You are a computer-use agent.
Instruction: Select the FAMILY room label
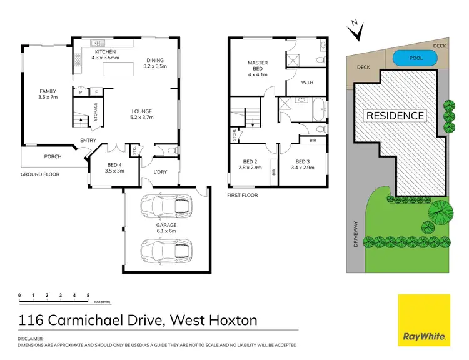[48, 93]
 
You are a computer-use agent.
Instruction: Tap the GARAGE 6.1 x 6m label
[166, 228]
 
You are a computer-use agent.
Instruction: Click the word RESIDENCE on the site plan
[395, 116]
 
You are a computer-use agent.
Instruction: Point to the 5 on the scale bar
[88, 294]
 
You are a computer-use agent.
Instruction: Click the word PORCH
[52, 157]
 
